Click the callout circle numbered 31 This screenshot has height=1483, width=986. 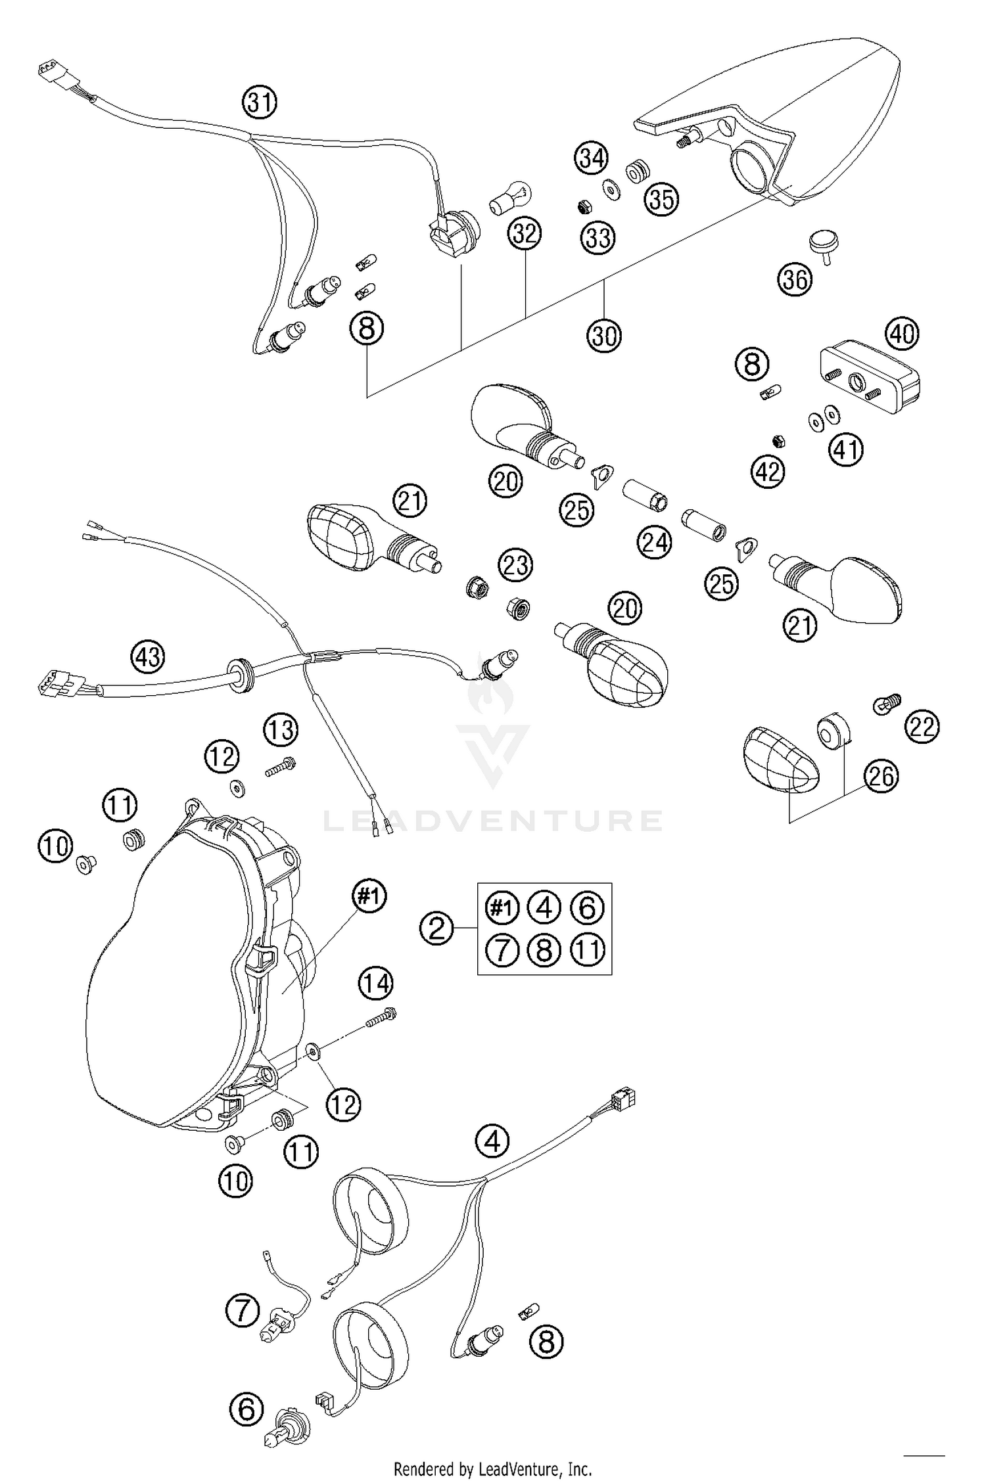(x=259, y=103)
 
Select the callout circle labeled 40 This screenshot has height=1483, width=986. (x=902, y=334)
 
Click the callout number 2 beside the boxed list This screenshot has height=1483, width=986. (x=437, y=928)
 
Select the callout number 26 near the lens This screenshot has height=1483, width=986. (x=881, y=776)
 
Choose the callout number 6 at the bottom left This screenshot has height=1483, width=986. (x=246, y=1411)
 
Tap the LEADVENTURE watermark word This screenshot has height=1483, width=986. (x=492, y=821)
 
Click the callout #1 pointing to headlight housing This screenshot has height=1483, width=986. (x=369, y=895)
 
